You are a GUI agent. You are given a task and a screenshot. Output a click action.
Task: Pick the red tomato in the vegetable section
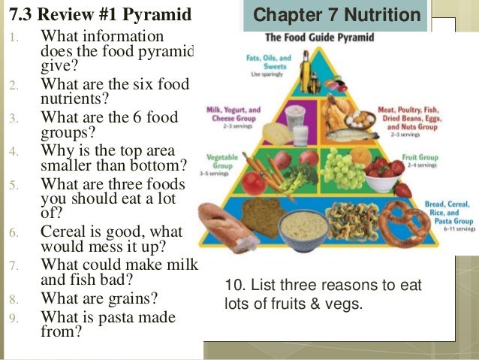254,183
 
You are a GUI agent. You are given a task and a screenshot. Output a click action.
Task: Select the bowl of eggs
360,116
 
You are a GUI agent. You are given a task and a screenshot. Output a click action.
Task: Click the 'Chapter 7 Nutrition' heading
336,15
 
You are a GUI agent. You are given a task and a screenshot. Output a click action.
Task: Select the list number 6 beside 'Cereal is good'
13,234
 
